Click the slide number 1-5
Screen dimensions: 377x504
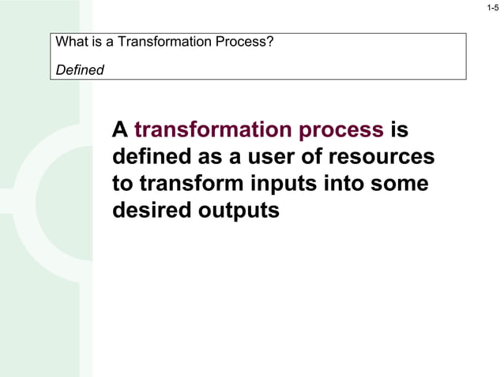[493, 8]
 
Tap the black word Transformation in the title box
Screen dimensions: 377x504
[159, 42]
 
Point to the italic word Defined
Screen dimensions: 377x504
[80, 69]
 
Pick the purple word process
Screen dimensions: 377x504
[341, 130]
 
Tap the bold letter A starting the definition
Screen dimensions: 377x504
[120, 130]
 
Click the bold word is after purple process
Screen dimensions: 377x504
[399, 130]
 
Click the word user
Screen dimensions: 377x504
[274, 157]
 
